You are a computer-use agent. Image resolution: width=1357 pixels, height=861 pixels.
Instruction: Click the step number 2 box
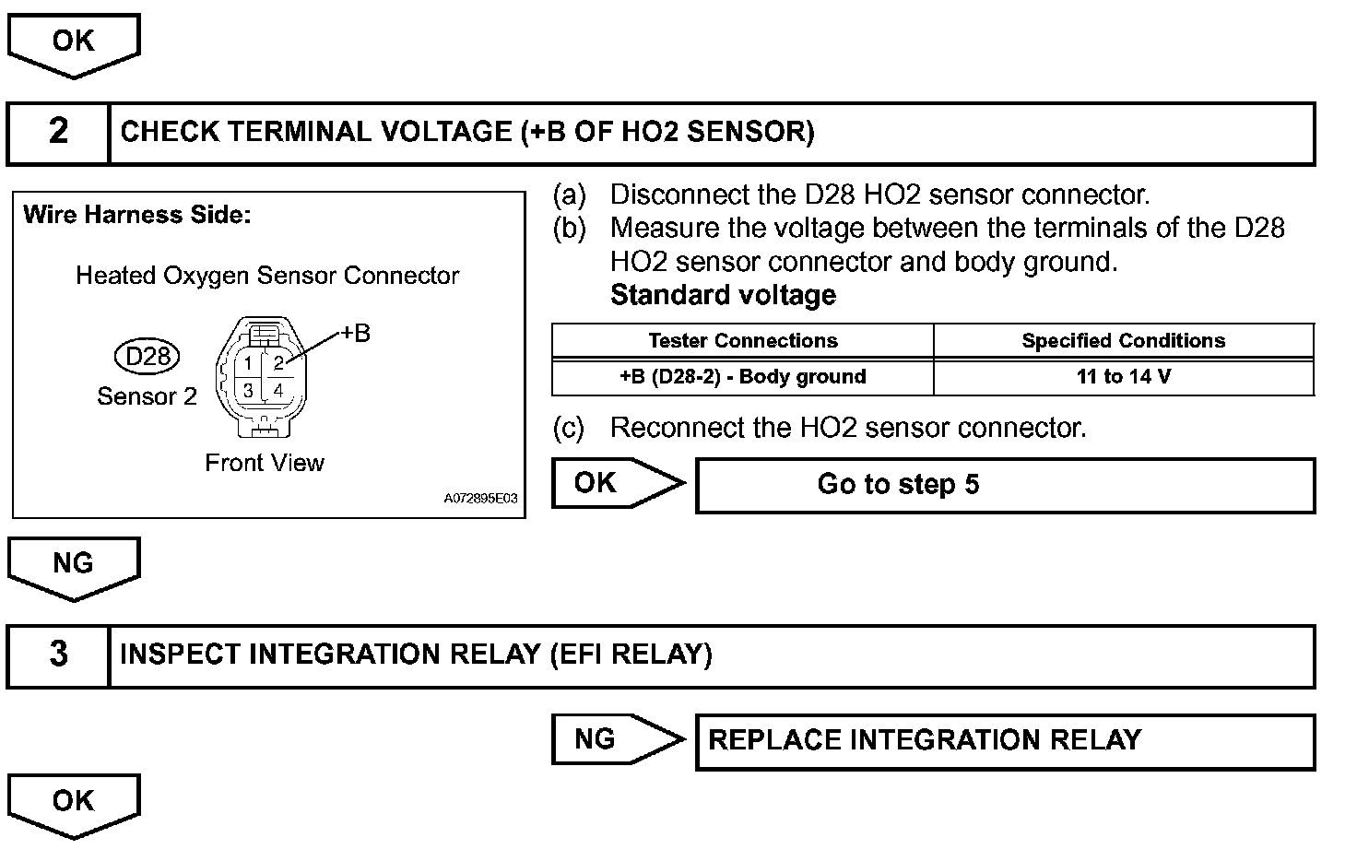58,133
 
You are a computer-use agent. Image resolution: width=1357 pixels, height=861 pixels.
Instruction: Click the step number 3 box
58,655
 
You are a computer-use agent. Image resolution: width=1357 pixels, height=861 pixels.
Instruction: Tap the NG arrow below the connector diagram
74,565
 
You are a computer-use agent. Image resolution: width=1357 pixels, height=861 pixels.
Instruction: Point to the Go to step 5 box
1005,486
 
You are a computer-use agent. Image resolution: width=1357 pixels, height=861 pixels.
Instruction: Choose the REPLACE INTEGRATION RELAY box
1005,741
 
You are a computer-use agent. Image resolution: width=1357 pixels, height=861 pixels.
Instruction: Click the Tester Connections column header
743,341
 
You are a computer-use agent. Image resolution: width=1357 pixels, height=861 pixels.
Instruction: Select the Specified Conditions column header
1123,341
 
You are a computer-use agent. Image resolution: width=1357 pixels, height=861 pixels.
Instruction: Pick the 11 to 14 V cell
1123,377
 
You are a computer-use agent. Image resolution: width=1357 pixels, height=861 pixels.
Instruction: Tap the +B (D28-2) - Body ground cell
743,377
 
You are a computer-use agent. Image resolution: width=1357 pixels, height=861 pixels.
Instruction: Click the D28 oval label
147,356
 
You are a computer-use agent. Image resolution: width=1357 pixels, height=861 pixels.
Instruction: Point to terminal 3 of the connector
248,390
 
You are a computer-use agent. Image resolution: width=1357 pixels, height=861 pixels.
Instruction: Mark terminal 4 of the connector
278,390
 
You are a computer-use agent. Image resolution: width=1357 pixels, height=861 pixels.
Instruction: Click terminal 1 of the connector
248,363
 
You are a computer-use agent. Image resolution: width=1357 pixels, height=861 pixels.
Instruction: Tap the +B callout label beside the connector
356,334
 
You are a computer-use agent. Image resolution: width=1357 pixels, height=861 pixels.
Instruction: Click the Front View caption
265,463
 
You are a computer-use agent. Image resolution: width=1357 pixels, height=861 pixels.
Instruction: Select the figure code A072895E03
480,499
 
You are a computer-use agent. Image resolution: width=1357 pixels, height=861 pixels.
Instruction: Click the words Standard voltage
723,296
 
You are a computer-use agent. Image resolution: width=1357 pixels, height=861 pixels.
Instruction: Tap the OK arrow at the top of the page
74,42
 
